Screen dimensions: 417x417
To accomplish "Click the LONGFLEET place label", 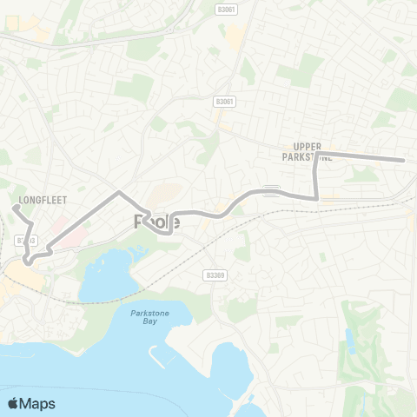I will point(42,200).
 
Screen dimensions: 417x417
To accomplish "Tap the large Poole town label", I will point(157,222).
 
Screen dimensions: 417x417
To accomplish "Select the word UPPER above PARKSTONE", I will point(308,147).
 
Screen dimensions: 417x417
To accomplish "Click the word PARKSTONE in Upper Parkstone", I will point(308,157).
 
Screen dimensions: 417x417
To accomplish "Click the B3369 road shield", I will point(215,275).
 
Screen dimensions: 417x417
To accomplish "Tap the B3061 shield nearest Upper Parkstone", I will point(225,102).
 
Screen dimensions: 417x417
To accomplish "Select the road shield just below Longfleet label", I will point(26,240).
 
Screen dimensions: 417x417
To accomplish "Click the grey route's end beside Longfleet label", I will point(15,207).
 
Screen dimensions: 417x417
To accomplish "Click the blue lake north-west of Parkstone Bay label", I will point(109,276).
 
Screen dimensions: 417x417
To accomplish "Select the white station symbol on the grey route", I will point(271,190).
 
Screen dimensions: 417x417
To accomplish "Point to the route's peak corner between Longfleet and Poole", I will point(119,190).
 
